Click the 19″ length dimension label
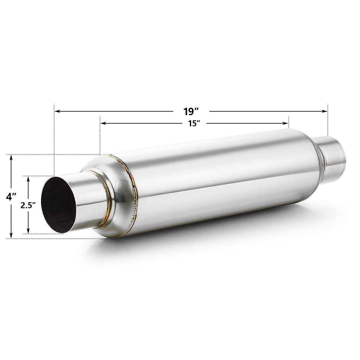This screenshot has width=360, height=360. [191, 111]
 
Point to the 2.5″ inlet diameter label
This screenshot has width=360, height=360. [28, 205]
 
